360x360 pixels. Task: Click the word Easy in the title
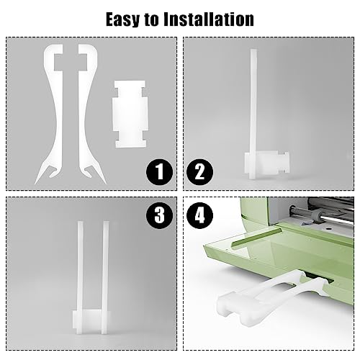coord(125,18)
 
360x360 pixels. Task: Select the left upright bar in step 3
coord(79,266)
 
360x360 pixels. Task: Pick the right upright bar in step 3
coord(106,266)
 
